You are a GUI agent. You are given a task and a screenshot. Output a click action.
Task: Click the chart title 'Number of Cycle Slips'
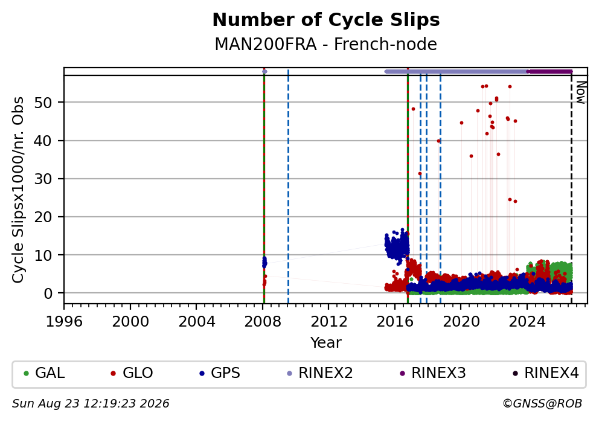(326, 20)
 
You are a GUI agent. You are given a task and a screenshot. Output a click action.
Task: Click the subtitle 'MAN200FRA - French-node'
(326, 44)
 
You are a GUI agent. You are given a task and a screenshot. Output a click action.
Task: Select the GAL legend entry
(44, 373)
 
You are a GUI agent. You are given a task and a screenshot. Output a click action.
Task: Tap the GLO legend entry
(132, 373)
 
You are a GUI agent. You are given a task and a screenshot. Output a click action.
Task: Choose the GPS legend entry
(220, 373)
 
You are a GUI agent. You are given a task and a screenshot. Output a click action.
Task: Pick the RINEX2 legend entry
(320, 373)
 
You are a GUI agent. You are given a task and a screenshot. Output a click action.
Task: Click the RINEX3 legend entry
(433, 373)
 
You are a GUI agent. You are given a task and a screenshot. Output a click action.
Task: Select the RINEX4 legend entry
(546, 373)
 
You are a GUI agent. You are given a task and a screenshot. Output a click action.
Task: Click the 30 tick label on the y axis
(43, 179)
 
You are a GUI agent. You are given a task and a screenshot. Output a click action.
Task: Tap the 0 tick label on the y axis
(48, 293)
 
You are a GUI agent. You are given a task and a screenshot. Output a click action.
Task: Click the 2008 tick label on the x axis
(263, 322)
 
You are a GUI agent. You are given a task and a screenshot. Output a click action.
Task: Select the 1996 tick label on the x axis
(64, 322)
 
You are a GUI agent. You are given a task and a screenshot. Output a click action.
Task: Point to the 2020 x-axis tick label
(461, 322)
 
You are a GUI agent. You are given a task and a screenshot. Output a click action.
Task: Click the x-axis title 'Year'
(326, 342)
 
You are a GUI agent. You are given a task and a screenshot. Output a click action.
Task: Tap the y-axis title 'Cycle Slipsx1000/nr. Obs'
(18, 190)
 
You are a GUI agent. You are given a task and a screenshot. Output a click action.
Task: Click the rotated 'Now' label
(581, 92)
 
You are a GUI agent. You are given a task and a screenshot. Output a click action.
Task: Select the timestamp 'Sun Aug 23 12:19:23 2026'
(91, 404)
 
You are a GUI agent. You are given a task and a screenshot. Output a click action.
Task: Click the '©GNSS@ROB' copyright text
(542, 404)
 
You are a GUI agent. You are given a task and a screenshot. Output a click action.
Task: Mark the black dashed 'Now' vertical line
(571, 186)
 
